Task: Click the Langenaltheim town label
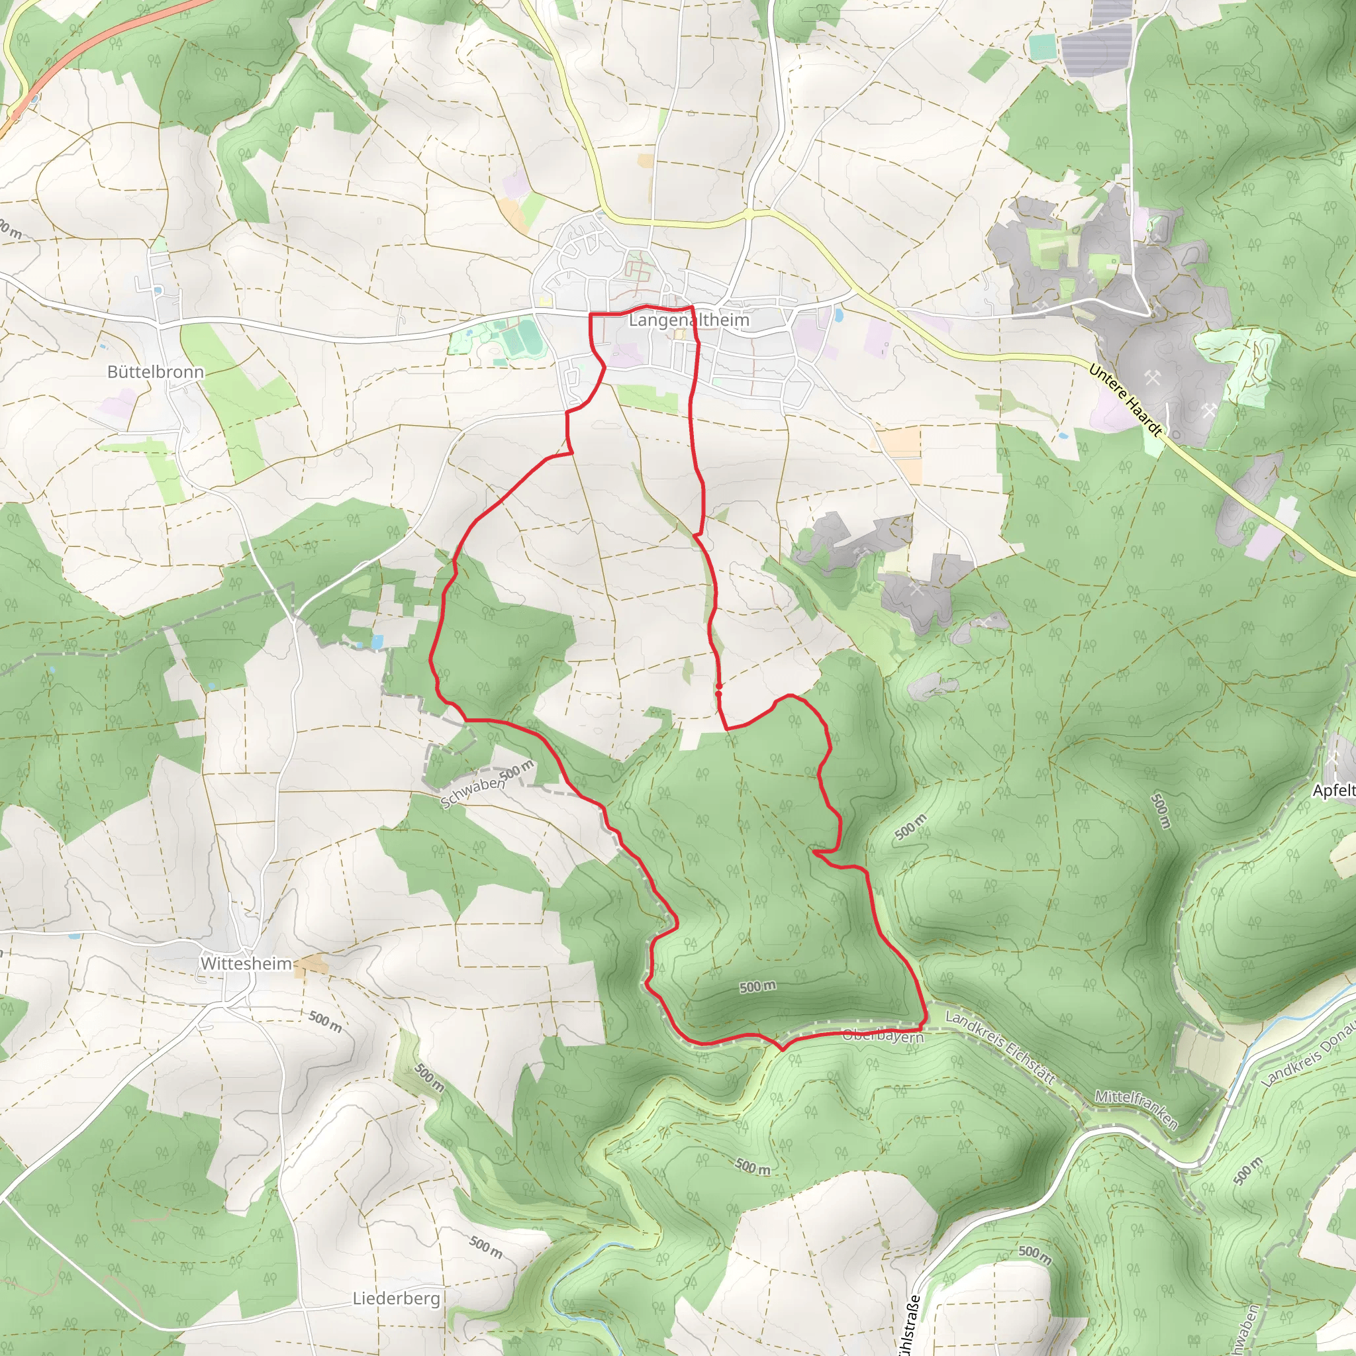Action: point(689,320)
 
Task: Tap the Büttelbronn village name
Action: point(155,372)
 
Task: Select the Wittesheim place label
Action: point(246,963)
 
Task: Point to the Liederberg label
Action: point(396,1298)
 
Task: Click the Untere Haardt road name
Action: point(1125,400)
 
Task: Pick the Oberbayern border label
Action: point(883,1036)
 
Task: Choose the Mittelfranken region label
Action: point(1136,1108)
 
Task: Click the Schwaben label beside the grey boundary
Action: point(472,793)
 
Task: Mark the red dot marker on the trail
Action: point(718,693)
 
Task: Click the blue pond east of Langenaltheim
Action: point(840,315)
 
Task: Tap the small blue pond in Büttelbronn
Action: point(159,290)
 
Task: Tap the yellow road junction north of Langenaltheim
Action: point(750,213)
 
